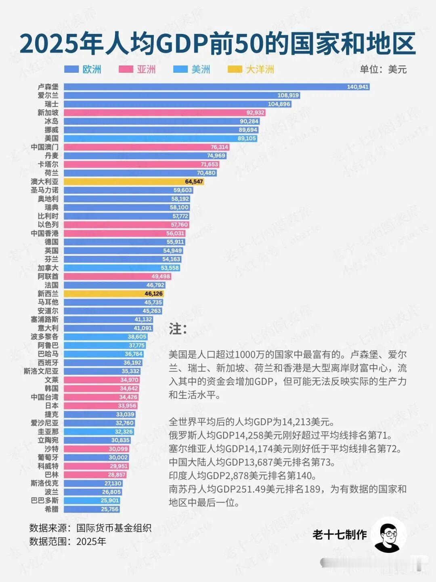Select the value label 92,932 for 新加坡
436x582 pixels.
pos(255,113)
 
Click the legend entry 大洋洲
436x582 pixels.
pos(260,70)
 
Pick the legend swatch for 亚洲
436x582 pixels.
pos(126,70)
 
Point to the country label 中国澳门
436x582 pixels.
pos(45,147)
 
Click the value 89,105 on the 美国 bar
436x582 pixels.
pos(247,139)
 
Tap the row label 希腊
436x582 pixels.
pos(51,509)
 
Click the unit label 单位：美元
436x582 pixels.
pos(383,70)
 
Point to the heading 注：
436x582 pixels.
pos(178,329)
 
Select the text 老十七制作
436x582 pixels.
pos(340,535)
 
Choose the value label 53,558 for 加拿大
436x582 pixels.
pos(170,268)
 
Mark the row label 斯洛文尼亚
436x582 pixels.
pos(41,371)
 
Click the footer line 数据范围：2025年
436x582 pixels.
pos(67,541)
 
